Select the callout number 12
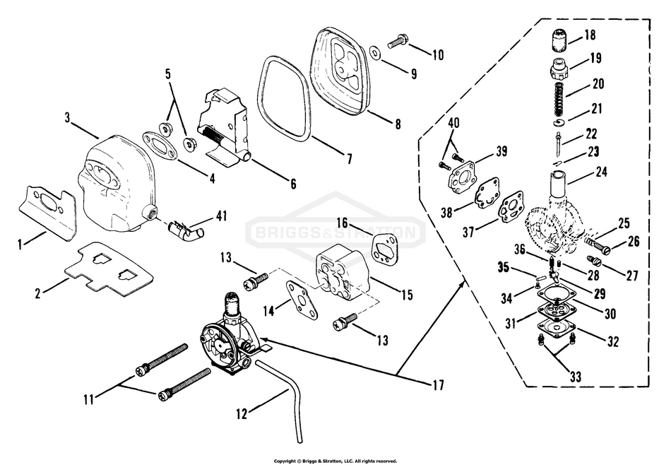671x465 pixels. [242, 415]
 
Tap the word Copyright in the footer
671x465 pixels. [285, 461]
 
